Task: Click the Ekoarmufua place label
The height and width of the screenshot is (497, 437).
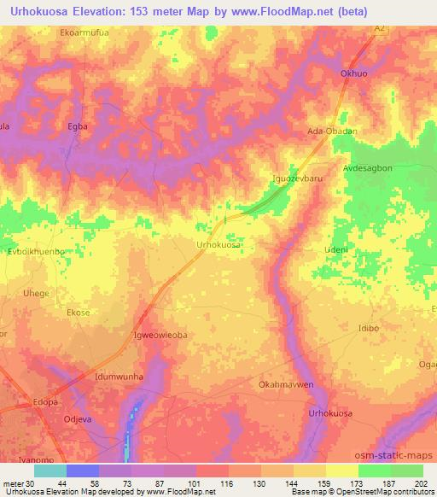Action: pyautogui.click(x=85, y=33)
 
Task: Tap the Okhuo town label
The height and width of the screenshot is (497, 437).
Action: pyautogui.click(x=354, y=73)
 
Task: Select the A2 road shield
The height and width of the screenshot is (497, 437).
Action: pyautogui.click(x=381, y=29)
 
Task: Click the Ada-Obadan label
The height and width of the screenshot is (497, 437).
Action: pyautogui.click(x=331, y=131)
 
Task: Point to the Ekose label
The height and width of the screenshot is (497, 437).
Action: pyautogui.click(x=78, y=313)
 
